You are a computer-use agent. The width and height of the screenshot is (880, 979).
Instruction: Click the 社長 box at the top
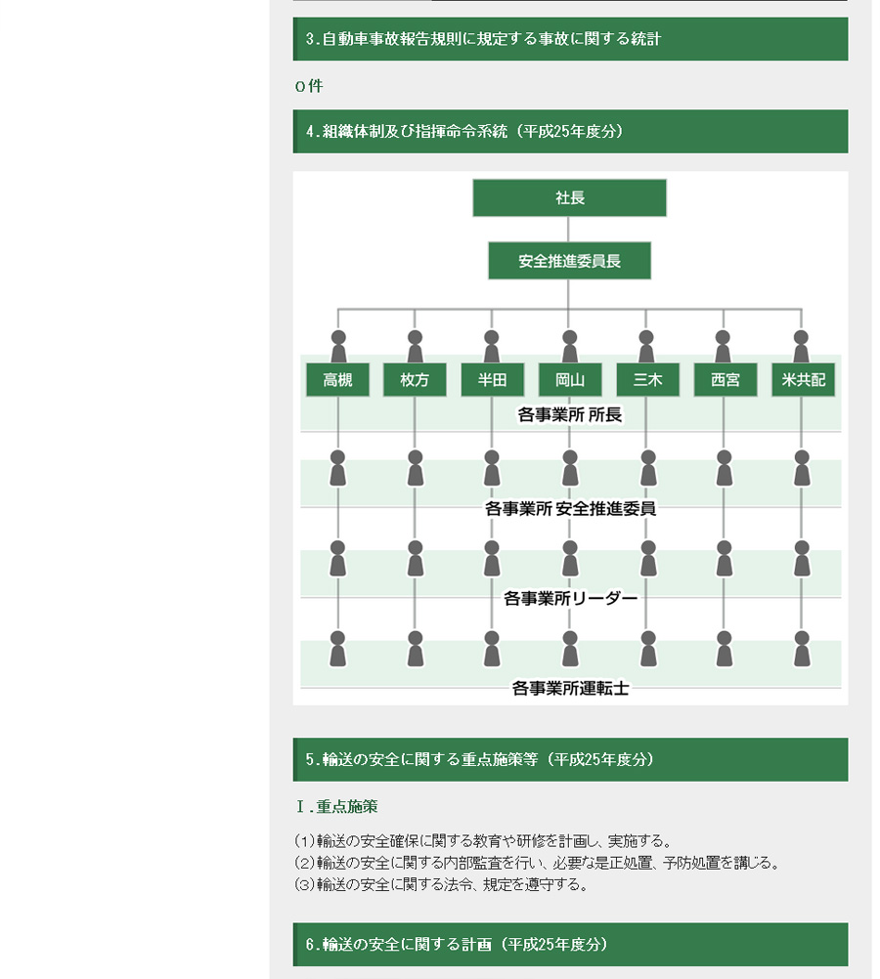(569, 198)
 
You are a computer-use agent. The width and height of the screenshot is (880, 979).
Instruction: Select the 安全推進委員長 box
(569, 260)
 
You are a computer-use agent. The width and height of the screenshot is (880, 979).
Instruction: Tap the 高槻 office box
(337, 380)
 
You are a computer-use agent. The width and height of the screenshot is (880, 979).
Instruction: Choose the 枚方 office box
(415, 380)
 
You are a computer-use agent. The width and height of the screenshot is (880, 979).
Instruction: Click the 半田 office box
(493, 380)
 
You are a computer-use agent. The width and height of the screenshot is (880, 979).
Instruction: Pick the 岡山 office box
(570, 380)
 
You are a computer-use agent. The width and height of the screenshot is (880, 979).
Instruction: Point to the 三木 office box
(647, 380)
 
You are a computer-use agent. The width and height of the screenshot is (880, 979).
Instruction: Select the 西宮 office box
(725, 380)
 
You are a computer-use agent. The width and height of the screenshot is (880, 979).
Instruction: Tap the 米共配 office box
(803, 380)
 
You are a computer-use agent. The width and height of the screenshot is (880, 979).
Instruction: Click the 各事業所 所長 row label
(570, 414)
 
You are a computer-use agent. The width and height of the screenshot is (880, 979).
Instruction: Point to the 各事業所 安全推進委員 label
(570, 508)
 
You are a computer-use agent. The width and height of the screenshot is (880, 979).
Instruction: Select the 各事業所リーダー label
(570, 598)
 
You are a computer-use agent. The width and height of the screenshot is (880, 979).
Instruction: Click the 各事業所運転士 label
(570, 688)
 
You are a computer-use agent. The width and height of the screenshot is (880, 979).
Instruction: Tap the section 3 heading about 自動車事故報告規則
(482, 39)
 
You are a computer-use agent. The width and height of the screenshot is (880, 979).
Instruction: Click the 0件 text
(309, 86)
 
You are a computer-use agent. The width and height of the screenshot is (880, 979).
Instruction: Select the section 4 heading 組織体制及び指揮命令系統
(463, 131)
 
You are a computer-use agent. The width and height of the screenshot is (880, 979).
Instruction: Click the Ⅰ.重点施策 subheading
(336, 807)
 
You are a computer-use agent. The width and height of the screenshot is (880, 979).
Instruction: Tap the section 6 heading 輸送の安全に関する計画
(457, 944)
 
